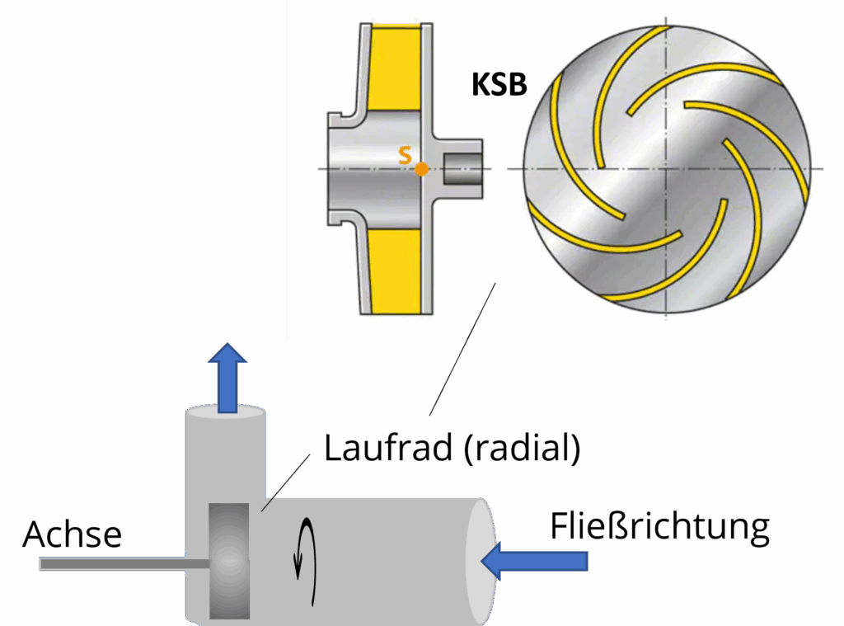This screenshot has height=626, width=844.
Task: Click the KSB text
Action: point(499,85)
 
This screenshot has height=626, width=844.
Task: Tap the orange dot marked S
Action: point(421,169)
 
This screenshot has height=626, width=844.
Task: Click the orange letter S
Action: point(405,154)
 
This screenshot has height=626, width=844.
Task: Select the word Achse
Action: point(73,534)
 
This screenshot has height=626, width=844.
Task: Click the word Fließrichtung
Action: point(660,526)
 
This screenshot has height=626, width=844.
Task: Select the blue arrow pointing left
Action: point(535,561)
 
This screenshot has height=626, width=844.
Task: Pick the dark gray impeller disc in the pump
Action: point(229,560)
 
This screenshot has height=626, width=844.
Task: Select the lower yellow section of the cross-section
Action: point(396,272)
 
